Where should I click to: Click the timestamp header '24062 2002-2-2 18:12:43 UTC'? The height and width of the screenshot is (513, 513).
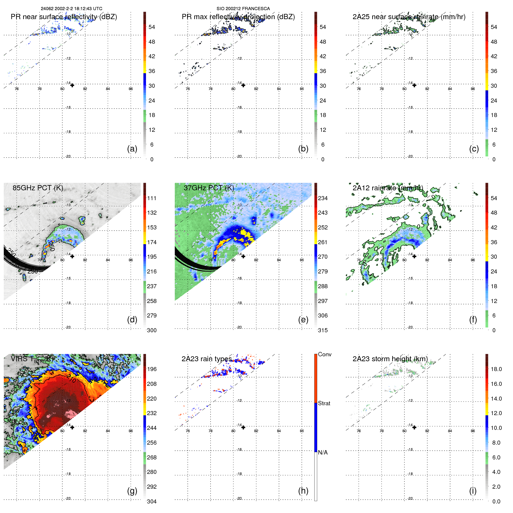71,9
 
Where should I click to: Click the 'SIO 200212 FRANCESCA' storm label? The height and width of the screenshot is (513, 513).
243,9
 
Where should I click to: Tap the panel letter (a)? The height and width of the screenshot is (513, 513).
132,149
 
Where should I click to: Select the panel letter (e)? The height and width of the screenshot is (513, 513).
303,320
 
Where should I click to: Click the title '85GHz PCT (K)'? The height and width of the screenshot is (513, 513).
38,188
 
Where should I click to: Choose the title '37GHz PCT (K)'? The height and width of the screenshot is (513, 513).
209,188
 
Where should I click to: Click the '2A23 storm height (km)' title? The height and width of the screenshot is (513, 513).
390,359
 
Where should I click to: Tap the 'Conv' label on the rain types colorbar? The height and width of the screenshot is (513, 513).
324,354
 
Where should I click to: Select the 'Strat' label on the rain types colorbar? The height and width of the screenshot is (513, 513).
324,403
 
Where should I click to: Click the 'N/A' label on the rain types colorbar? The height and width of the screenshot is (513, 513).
323,452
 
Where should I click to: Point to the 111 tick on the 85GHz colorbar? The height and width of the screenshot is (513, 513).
152,198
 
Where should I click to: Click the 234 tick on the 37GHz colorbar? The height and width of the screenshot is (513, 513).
323,198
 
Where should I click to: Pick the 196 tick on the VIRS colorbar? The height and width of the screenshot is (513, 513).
152,369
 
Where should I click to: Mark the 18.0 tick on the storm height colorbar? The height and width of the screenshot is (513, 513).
496,369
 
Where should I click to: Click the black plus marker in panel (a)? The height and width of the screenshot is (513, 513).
72,85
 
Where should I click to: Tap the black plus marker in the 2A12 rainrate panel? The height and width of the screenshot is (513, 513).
414,256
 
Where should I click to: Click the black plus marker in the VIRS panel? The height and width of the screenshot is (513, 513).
72,427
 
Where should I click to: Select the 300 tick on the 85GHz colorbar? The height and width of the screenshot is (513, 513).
152,330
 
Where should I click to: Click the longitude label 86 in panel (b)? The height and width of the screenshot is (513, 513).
302,89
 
